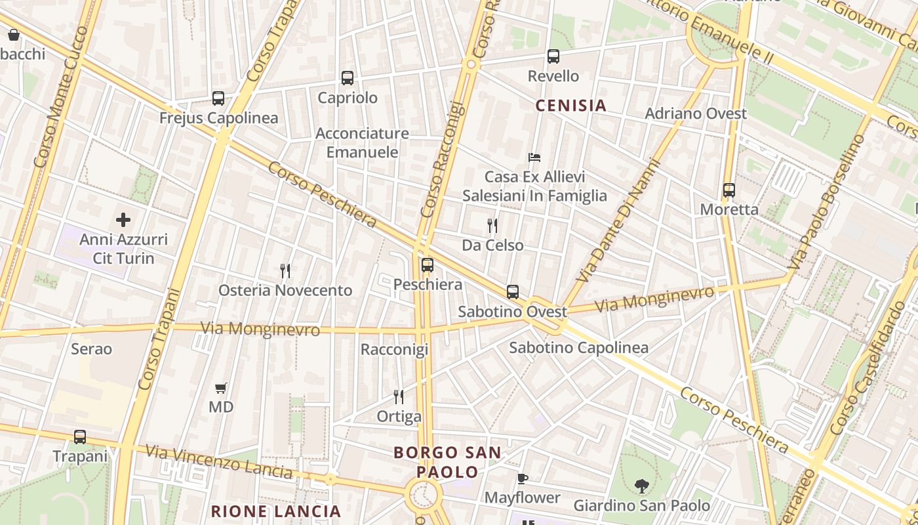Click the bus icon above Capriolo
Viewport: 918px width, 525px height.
[348, 77]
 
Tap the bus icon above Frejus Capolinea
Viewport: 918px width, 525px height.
[218, 98]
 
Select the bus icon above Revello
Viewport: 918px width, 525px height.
[553, 56]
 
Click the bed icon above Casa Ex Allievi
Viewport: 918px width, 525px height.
[534, 157]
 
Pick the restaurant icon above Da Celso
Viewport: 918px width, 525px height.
[492, 226]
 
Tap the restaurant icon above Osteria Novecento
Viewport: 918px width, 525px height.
[285, 270]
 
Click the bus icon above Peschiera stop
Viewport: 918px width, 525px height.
[428, 265]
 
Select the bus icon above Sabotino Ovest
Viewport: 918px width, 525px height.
[513, 292]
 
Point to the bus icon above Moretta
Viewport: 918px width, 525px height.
[729, 190]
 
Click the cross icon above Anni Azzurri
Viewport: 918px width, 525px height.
[123, 220]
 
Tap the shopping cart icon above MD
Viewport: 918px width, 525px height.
[221, 388]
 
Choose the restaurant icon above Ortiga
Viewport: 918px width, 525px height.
[399, 396]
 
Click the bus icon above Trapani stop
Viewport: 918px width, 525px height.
[80, 436]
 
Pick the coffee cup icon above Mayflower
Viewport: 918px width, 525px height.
[523, 478]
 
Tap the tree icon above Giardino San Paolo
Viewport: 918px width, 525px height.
[642, 486]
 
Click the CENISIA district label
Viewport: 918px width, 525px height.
[571, 105]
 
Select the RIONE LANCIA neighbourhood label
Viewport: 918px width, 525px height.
[276, 511]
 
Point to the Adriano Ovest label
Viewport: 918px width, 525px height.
[696, 114]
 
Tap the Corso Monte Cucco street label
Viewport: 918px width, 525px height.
[61, 96]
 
